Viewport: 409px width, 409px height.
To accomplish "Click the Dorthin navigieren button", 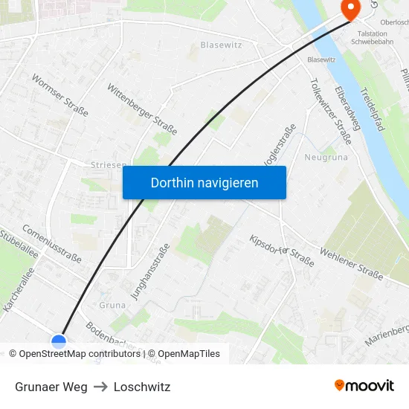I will [204, 182].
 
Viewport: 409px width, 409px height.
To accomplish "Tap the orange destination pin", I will [350, 8].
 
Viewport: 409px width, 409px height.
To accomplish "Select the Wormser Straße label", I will [59, 95].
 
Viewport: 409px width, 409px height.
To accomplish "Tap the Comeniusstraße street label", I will [51, 244].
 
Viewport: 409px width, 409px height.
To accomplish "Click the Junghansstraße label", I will [150, 271].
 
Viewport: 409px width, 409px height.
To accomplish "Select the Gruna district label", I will [112, 305].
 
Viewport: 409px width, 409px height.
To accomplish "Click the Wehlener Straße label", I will [351, 265].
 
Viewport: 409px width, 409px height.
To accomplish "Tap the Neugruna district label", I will [326, 157].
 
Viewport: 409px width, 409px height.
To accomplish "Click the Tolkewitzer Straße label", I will [330, 112].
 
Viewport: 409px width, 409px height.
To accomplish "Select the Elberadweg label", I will [348, 108].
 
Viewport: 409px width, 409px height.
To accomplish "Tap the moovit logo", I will [364, 386].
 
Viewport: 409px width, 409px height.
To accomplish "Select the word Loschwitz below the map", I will [142, 387].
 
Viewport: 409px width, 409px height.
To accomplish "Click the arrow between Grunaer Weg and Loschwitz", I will [100, 387].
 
